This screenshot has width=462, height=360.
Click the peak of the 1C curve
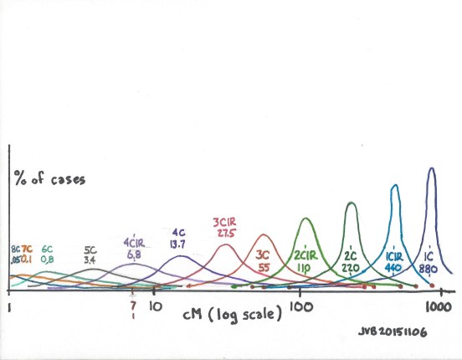(432, 168)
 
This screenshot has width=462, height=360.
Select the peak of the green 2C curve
(352, 203)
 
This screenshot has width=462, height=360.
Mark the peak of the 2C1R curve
(305, 219)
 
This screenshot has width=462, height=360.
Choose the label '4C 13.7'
(178, 237)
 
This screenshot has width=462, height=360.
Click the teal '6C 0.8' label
(48, 255)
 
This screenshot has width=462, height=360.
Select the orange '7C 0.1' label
(27, 255)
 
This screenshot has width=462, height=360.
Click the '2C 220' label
(353, 260)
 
